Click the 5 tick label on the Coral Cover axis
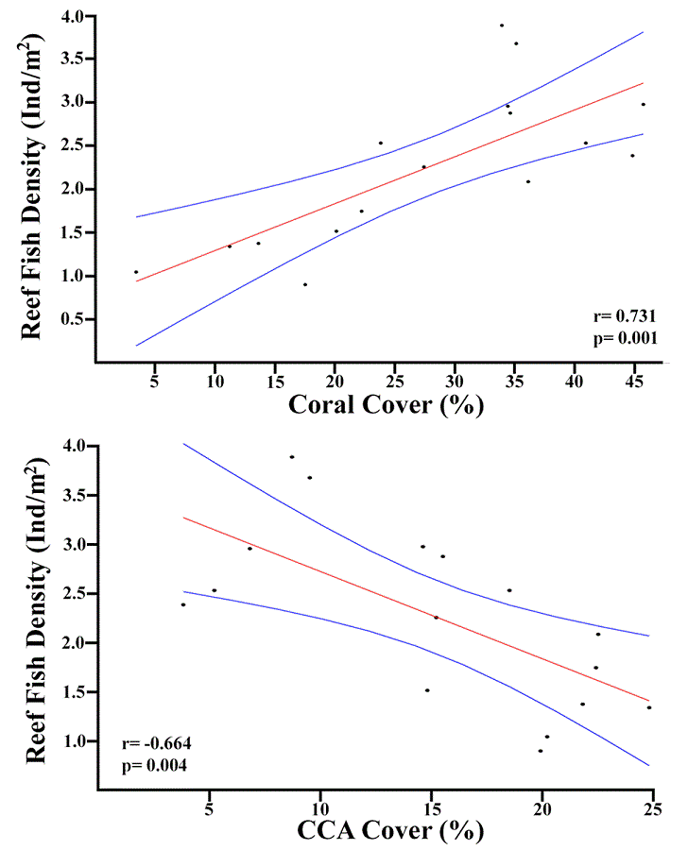point(154,381)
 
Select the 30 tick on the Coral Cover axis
point(455,381)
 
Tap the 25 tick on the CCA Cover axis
point(652,807)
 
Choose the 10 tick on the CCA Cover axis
point(320,807)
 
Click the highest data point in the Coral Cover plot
point(502,25)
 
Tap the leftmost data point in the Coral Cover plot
point(136,272)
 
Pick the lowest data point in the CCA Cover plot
point(541,751)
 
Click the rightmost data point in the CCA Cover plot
point(649,707)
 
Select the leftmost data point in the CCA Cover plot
point(183,604)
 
